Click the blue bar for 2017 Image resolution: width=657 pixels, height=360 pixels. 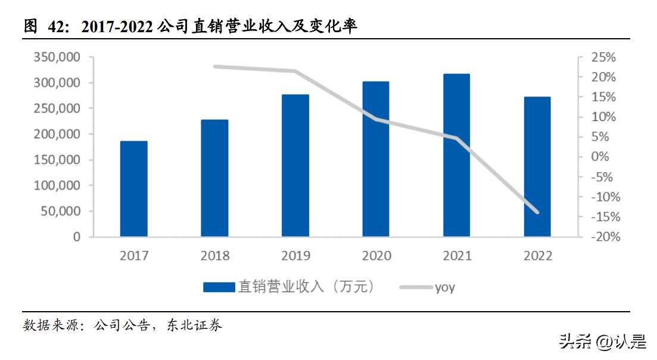(x=133, y=189)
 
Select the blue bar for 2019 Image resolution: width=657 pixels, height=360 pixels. (x=295, y=166)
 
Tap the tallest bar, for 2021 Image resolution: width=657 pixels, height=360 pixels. (x=457, y=156)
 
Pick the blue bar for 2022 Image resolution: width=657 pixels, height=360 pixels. (x=537, y=167)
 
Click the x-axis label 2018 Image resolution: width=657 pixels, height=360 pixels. (x=214, y=256)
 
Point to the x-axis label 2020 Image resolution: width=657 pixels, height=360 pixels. (x=376, y=256)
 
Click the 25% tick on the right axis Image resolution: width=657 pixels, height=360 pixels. (x=603, y=58)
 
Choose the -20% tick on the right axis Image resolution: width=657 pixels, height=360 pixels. (x=603, y=237)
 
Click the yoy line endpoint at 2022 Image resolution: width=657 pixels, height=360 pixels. (x=537, y=212)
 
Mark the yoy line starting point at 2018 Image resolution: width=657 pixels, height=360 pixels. (x=215, y=67)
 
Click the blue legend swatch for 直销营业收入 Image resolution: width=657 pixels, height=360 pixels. (x=219, y=287)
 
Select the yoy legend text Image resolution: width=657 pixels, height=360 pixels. (x=444, y=287)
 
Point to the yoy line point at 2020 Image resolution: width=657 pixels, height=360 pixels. (x=376, y=119)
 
